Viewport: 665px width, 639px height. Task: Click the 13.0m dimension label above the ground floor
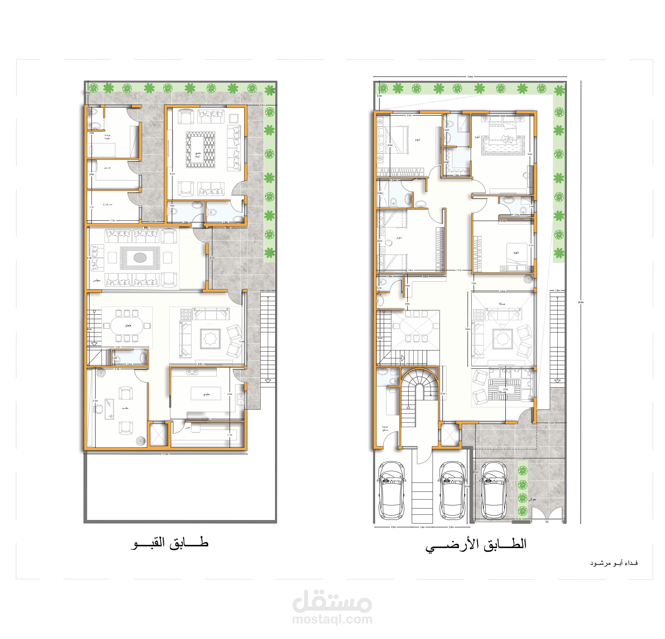[470, 77]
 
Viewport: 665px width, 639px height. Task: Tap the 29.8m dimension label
[581, 302]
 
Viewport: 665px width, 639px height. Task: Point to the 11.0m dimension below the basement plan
[165, 454]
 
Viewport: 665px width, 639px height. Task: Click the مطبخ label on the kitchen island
[206, 394]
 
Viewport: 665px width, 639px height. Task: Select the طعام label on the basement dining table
[128, 325]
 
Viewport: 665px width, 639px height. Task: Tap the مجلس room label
[97, 280]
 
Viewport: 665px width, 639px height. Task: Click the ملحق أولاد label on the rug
[198, 155]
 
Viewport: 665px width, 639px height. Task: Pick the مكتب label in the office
[125, 408]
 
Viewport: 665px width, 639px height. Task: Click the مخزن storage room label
[188, 428]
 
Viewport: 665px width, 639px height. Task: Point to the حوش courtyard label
[532, 499]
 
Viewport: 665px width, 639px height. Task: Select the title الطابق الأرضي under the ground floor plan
[476, 545]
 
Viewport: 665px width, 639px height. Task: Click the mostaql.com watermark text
[332, 619]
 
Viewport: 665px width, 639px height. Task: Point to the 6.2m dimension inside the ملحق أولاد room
[172, 174]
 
